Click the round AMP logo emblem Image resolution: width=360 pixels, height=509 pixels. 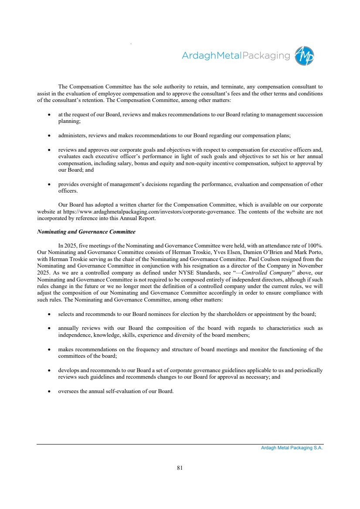click(x=304, y=56)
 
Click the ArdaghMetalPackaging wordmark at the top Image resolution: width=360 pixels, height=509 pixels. click(x=235, y=56)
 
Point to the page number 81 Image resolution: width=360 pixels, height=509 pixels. click(x=180, y=468)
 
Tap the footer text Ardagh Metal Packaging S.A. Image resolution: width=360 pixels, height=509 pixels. click(x=292, y=448)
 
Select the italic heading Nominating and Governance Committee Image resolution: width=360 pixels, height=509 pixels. click(x=86, y=231)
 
